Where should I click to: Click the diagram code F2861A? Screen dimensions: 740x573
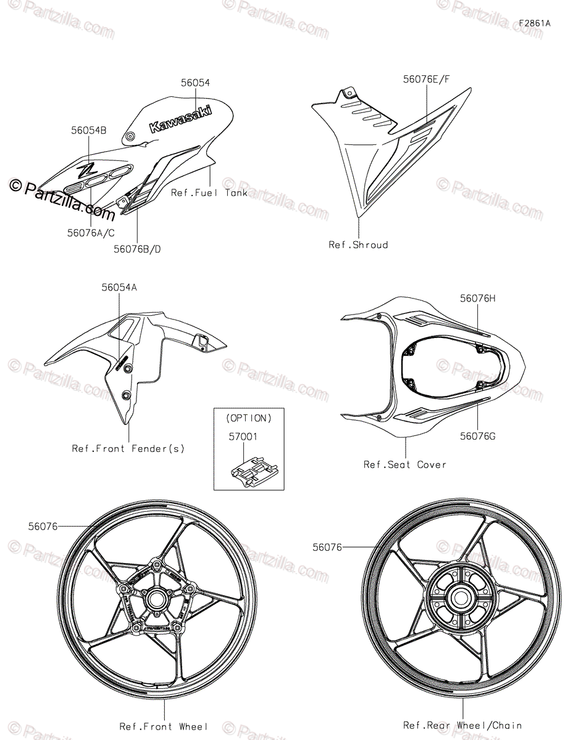[x=534, y=23]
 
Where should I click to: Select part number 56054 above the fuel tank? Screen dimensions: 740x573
[x=195, y=83]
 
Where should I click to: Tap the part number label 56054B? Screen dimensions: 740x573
[x=88, y=131]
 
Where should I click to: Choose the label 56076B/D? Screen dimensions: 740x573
[x=141, y=249]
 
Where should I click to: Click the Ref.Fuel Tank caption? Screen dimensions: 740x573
[x=209, y=193]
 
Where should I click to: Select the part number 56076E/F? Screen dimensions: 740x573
[x=427, y=79]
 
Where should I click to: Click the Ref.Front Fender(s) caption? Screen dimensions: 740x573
[x=128, y=448]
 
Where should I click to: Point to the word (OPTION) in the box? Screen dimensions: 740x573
[x=249, y=418]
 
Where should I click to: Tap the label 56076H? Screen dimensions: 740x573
[x=477, y=298]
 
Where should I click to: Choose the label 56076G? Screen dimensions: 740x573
[x=477, y=436]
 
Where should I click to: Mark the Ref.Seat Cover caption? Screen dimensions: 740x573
[x=404, y=464]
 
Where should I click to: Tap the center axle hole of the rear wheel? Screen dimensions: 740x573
[x=459, y=596]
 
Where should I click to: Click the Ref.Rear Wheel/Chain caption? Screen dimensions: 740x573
[x=462, y=725]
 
